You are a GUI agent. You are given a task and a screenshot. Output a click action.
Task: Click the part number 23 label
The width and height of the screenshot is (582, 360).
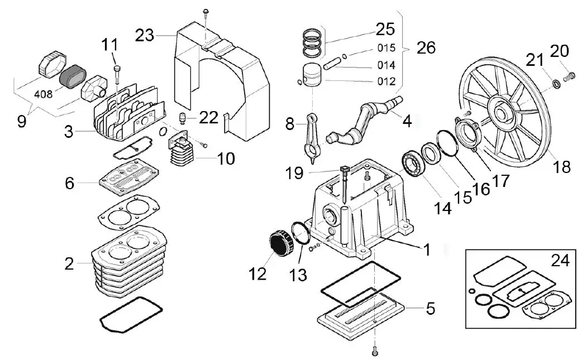[145, 35]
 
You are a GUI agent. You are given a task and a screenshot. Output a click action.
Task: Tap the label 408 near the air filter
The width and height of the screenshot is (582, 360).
[43, 94]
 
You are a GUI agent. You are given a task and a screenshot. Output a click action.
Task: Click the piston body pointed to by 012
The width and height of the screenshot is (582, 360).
[314, 75]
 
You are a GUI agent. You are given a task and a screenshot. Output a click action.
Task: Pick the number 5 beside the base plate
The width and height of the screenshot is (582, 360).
[430, 308]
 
